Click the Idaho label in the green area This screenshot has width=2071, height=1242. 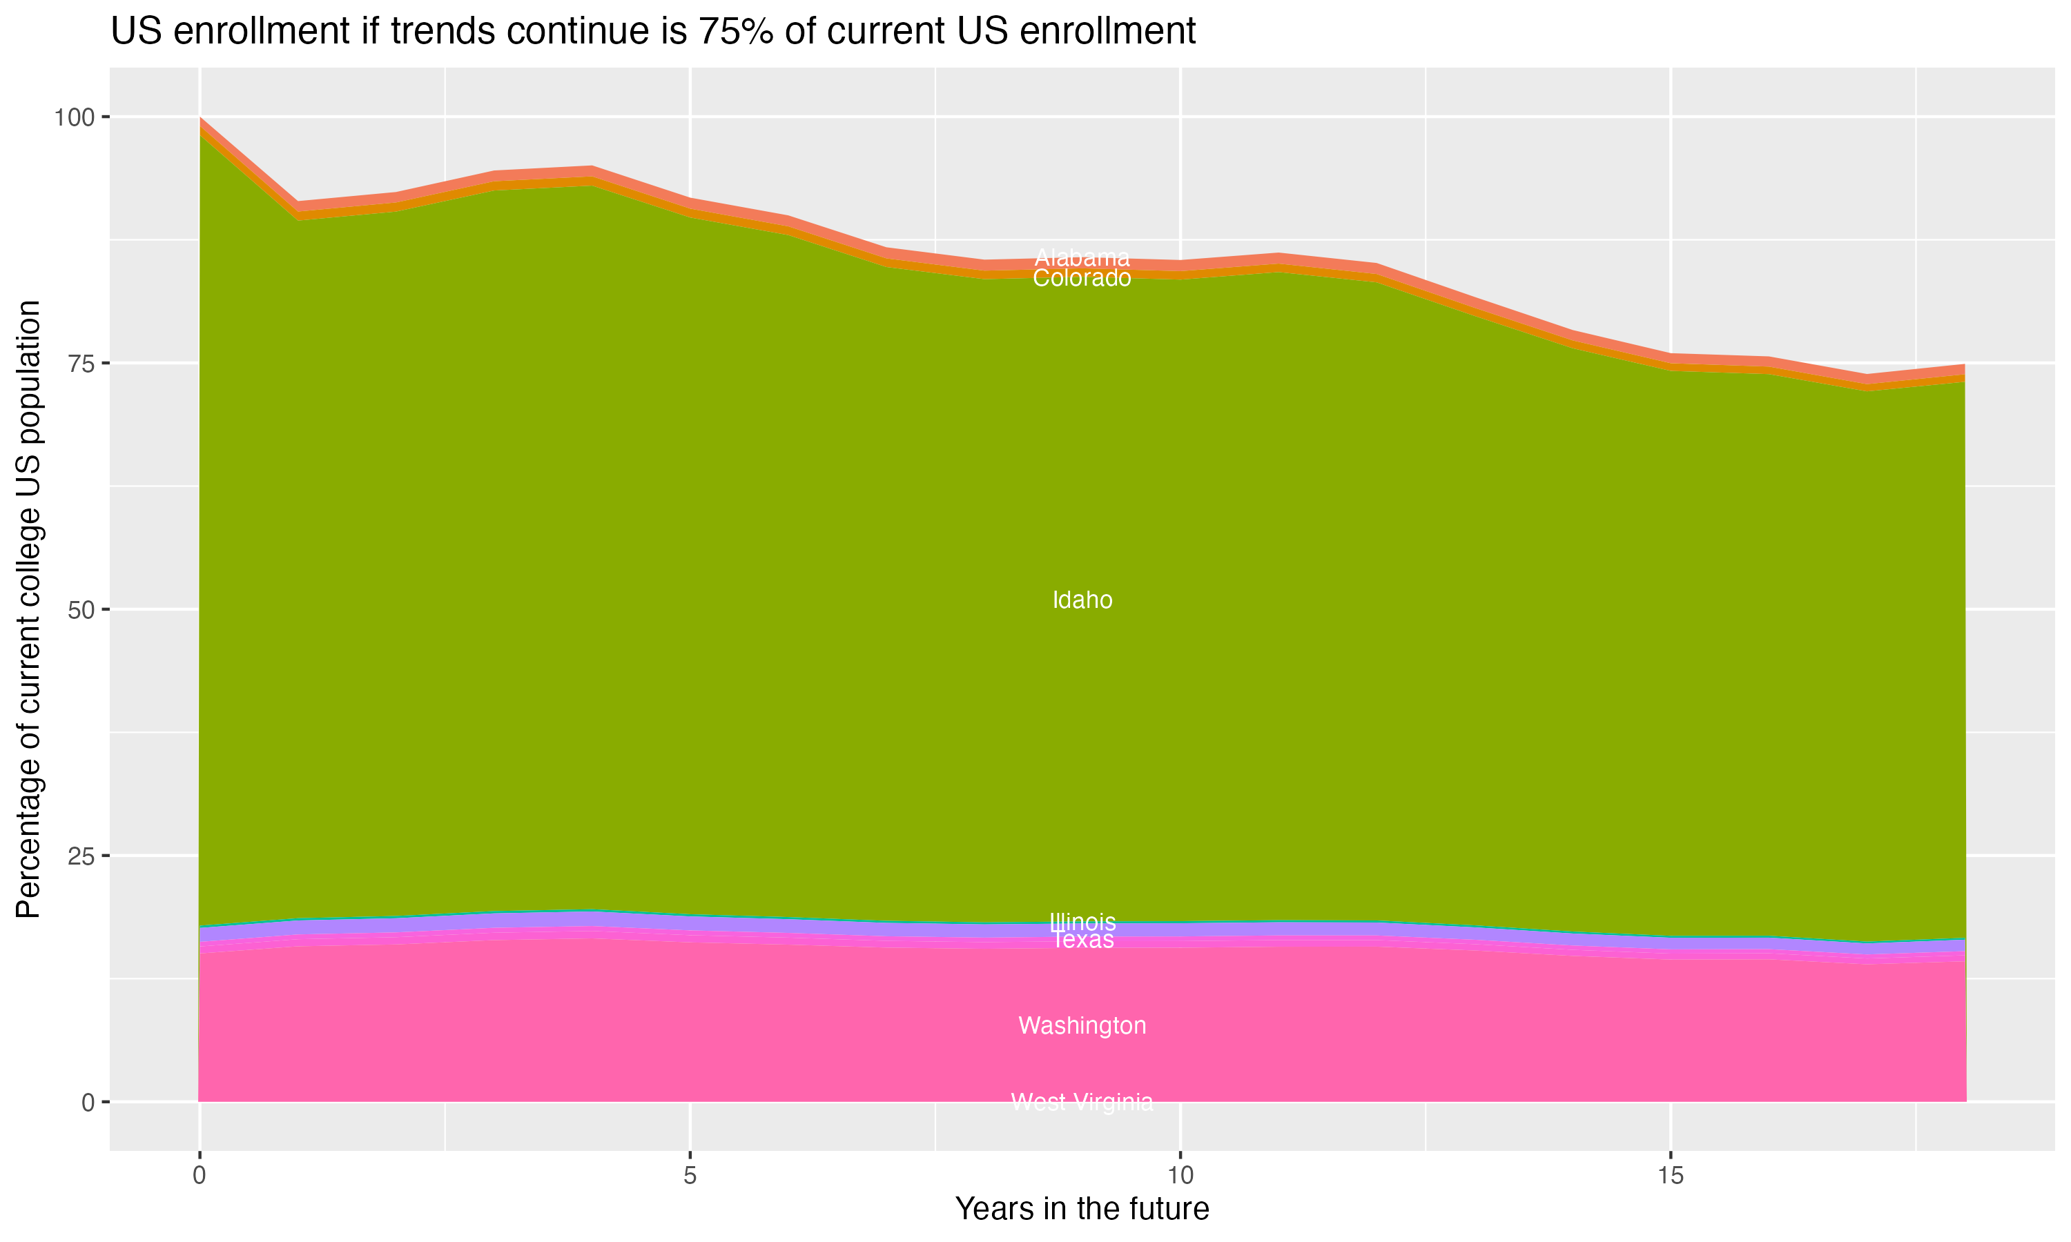click(x=1082, y=600)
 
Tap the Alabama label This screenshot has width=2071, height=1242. click(x=1082, y=258)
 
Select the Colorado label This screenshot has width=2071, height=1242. click(x=1082, y=279)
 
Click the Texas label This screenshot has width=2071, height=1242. click(x=1082, y=940)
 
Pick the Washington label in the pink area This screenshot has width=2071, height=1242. click(x=1082, y=1026)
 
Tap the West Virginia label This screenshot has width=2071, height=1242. click(x=1082, y=1102)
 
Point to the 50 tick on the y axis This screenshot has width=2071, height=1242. click(x=82, y=609)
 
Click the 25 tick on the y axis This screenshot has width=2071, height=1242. click(x=82, y=856)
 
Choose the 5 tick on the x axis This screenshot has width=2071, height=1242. click(x=690, y=1176)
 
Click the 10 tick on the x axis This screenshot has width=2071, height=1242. click(x=1180, y=1176)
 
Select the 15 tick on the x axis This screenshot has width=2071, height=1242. click(x=1671, y=1176)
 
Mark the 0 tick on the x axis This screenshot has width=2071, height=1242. click(x=200, y=1176)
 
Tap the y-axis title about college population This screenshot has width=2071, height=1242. click(x=28, y=609)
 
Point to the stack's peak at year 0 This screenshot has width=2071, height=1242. click(x=200, y=119)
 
